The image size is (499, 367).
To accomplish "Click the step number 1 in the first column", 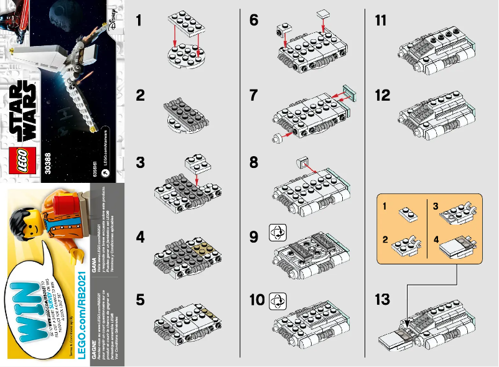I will pos(140,21).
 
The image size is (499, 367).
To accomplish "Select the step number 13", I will pos(383,300).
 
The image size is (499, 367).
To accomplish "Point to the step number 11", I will pos(381,21).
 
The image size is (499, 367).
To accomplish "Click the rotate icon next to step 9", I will pos(276,233).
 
